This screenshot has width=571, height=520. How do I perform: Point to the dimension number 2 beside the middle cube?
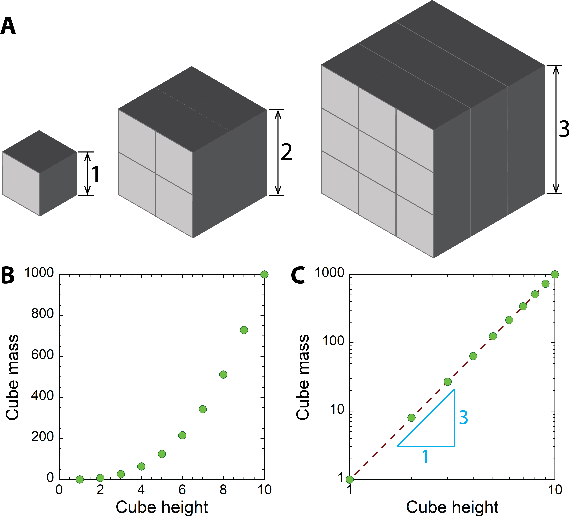click(x=286, y=152)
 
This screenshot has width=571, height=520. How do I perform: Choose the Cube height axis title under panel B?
click(x=162, y=507)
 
